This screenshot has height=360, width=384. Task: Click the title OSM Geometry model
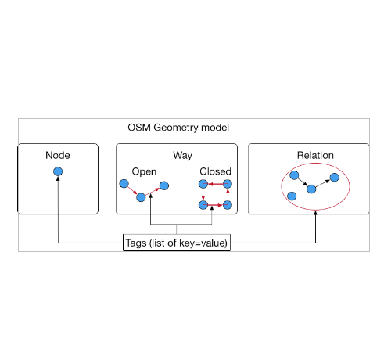pos(178,128)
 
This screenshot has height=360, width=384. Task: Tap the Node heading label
pos(58,155)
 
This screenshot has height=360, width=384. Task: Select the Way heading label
pos(182,156)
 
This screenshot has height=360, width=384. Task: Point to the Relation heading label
pos(315,155)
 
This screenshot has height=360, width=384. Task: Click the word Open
pos(144,171)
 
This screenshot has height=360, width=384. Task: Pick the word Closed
pos(215,171)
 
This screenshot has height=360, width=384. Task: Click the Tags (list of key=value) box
pos(177,243)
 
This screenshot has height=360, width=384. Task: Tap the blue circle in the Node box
pos(58,171)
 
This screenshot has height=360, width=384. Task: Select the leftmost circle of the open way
pos(124,184)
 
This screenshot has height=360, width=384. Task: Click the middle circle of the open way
pos(141,197)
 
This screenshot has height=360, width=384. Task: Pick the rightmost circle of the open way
pos(164,185)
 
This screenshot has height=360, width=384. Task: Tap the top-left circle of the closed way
pos(203,184)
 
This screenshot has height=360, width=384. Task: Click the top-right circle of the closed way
pos(228,184)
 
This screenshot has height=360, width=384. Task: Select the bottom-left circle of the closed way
pos(203,205)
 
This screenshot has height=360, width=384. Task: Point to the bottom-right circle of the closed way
pos(228,205)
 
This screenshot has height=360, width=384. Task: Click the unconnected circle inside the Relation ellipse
pos(292,196)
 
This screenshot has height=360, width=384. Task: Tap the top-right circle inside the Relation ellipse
pos(335,178)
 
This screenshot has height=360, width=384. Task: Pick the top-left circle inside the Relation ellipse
pos(294,175)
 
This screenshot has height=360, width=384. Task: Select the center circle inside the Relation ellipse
pos(311,189)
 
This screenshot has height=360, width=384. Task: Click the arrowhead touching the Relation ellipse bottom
pos(315,213)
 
